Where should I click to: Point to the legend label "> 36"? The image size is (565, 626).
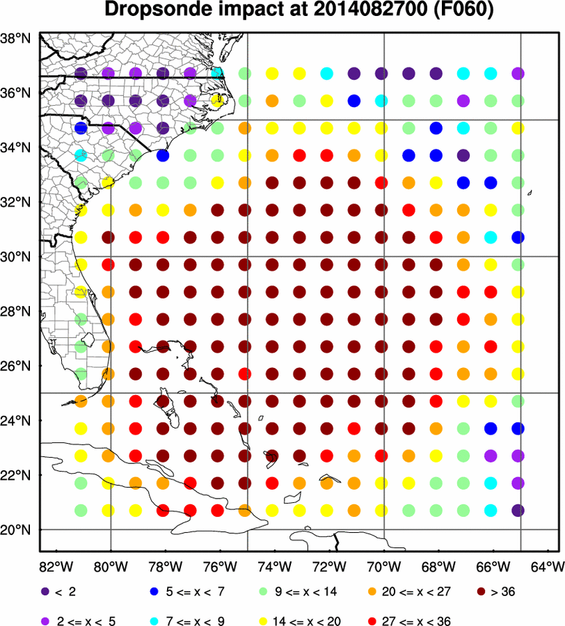[507, 592]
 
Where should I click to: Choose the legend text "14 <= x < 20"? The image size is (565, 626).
[306, 620]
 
